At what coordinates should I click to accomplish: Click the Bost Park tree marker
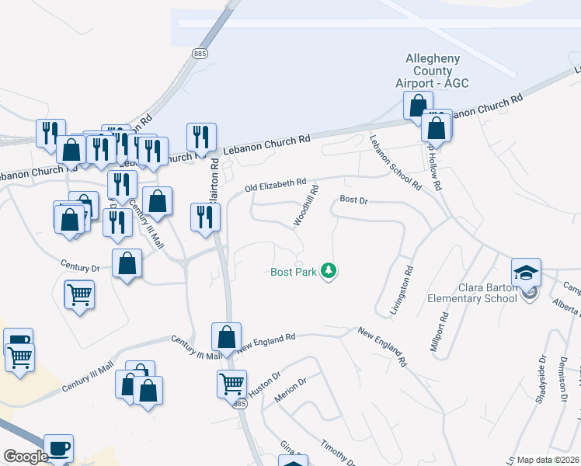(330, 271)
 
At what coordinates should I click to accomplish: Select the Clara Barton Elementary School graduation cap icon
(525, 273)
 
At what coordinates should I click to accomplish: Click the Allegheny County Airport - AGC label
(433, 71)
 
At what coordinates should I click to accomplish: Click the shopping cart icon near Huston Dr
(231, 382)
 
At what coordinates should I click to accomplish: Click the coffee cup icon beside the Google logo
(58, 447)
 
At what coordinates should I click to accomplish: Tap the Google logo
(26, 457)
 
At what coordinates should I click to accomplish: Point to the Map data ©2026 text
(548, 460)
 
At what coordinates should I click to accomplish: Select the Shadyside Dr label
(541, 372)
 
